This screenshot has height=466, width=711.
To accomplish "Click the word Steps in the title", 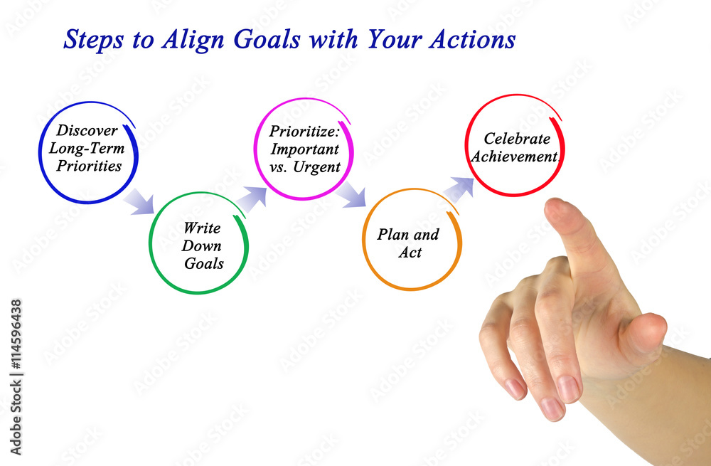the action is pos(93,39).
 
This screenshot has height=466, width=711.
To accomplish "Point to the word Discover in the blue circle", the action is pos(87,130).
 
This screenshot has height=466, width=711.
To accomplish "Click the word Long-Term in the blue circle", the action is pos(87,149).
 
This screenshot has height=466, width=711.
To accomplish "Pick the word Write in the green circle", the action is pos(202,228).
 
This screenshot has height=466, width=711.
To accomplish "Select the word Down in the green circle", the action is pos(202,245).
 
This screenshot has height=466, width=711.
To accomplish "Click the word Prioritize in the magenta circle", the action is pos(304,131).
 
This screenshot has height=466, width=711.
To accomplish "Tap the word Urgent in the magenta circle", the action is pos(316,167).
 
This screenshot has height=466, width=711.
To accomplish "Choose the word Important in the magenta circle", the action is pos(305,149).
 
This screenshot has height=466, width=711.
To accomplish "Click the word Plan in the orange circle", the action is pos(392,234).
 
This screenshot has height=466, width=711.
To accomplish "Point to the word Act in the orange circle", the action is pos(410,253).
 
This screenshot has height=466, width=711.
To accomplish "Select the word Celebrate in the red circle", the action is pos(517,139).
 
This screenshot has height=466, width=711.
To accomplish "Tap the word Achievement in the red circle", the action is pos(515,157).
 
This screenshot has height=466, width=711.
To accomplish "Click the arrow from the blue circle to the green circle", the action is pos(139,201).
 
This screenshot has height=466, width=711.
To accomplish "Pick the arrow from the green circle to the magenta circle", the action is pos(252,199).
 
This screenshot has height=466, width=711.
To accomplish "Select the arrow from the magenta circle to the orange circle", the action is pos(351,194).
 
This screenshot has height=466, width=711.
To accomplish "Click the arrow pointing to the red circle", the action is pos(459,190).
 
